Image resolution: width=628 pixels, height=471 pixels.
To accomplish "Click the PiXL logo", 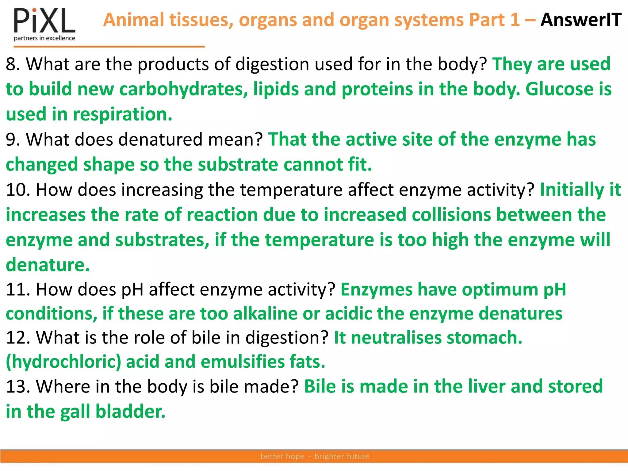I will point(44,21).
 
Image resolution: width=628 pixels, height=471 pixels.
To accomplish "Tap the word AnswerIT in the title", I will point(581,20).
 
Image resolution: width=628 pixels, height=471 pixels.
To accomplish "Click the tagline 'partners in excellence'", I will point(44,38).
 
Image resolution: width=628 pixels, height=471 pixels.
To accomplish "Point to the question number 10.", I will point(18,190).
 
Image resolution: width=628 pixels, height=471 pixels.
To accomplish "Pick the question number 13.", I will point(18,386).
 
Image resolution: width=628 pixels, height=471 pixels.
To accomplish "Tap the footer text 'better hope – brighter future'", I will point(315,456).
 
